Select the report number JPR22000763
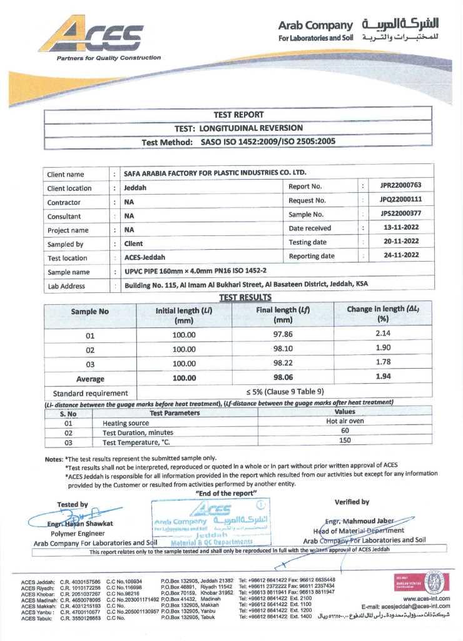pyautogui.click(x=400, y=186)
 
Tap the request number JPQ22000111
pyautogui.click(x=400, y=200)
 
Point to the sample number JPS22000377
pyautogui.click(x=400, y=214)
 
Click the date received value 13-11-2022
pyautogui.click(x=400, y=228)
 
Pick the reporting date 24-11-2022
pyautogui.click(x=400, y=256)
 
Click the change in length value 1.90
pyautogui.click(x=383, y=348)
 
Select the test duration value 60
pyautogui.click(x=345, y=431)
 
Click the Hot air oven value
pyautogui.click(x=345, y=422)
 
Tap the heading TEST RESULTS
pyautogui.click(x=245, y=298)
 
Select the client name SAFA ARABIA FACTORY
pyautogui.click(x=215, y=173)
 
